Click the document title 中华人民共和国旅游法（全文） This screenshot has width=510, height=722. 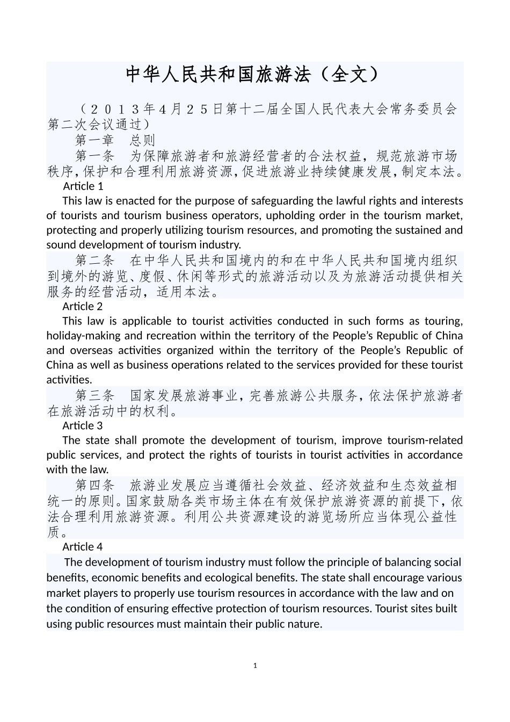tap(254, 75)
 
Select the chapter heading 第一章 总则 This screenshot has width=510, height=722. tap(115, 140)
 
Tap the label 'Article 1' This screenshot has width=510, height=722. tap(83, 186)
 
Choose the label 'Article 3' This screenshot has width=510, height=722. tap(82, 425)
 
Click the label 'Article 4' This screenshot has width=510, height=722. tap(82, 546)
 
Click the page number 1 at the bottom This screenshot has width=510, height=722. tap(255, 666)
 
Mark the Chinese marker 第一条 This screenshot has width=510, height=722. tap(95, 156)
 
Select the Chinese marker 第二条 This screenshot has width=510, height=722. tap(95, 261)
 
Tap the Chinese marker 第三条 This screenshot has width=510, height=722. tap(95, 396)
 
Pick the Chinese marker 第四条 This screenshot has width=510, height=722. tap(95, 486)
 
